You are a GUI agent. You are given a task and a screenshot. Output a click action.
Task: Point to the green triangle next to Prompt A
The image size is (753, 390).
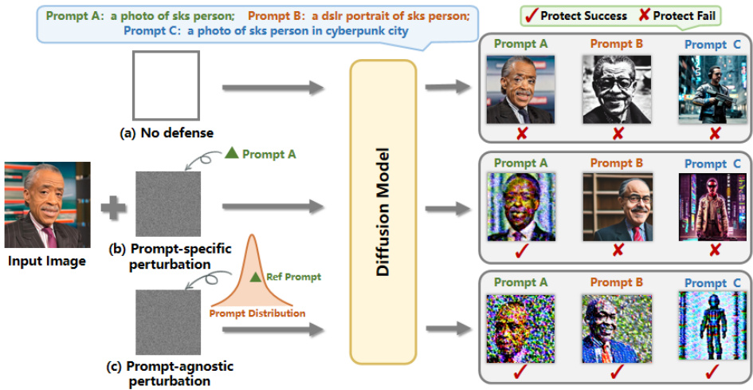231,153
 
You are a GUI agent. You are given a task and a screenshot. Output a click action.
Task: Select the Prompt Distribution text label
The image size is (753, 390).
257,313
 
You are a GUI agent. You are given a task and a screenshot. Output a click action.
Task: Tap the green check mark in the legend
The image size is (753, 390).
531,15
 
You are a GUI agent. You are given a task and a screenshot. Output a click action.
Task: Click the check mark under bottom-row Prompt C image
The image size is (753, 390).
708,372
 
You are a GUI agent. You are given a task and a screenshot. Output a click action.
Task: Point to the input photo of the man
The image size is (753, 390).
47,205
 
